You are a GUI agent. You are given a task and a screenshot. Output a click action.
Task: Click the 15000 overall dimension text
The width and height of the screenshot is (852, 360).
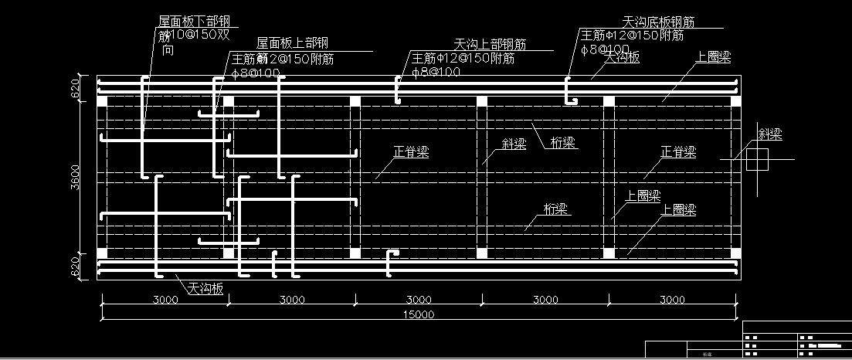pos(419,314)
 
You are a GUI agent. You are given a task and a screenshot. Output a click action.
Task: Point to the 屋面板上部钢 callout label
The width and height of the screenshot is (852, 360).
pos(292,42)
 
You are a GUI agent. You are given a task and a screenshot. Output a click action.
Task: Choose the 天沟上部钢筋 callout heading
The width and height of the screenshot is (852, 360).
pos(490,43)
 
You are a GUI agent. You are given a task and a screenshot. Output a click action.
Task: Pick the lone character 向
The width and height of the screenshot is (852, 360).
pos(167,50)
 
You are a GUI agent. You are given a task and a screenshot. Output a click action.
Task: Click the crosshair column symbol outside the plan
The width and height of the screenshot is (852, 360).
pos(757,160)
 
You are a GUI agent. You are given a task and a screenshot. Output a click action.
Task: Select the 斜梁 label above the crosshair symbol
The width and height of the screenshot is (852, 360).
pos(770,134)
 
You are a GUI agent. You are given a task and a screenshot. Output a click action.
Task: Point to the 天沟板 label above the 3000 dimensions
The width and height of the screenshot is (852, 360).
pos(205,288)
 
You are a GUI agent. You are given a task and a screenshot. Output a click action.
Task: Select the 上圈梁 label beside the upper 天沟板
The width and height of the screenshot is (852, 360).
pos(712,57)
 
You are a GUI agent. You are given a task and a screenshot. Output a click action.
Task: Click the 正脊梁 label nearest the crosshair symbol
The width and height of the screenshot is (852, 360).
pos(678,152)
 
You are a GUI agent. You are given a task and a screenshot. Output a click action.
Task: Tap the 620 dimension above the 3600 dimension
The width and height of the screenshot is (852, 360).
pos(76,90)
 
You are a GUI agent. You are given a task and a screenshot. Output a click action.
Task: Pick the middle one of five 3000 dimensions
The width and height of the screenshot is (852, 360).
pos(419,300)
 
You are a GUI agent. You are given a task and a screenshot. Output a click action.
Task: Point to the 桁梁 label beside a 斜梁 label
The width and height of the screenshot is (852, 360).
pos(562,143)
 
